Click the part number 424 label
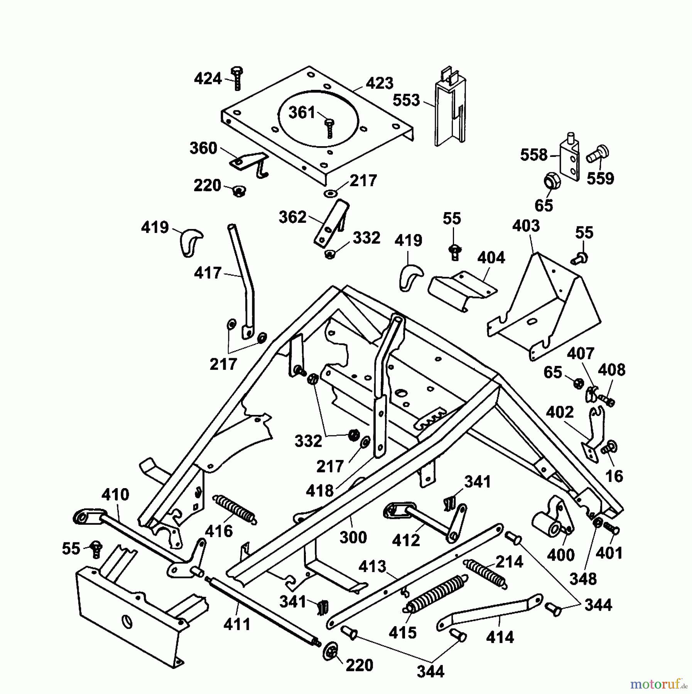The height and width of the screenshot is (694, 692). [208, 79]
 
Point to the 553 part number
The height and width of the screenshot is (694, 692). [406, 100]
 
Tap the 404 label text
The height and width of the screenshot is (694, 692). [491, 258]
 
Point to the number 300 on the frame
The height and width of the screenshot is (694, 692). [353, 537]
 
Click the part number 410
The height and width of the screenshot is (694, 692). [116, 495]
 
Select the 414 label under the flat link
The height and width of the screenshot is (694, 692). [500, 637]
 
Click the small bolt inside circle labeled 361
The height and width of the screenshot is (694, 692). [329, 128]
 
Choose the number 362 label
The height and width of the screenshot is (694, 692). [292, 217]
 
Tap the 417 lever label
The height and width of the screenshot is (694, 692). [208, 273]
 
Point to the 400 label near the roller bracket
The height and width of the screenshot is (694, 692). [561, 556]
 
